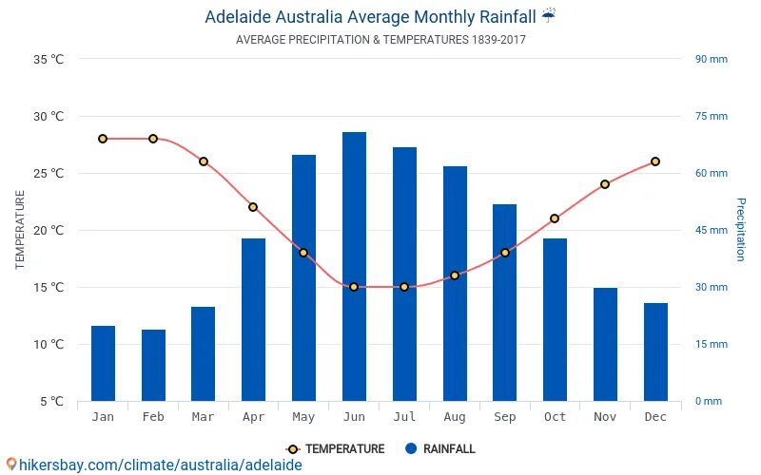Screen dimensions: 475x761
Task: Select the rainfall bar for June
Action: (354, 266)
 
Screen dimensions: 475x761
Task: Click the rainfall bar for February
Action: (153, 365)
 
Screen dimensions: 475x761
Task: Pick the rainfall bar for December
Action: (655, 351)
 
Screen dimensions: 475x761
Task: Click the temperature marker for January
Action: (103, 139)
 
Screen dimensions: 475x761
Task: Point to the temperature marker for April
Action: (253, 207)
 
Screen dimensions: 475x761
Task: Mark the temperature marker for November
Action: (605, 184)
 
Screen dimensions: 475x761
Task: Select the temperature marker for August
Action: (455, 275)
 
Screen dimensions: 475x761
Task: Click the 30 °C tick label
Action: (49, 117)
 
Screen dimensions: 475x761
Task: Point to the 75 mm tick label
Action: (711, 117)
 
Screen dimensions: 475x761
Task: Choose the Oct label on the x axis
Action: (555, 417)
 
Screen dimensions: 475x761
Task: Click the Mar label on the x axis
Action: (203, 417)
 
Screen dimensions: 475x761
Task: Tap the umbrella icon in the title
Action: (549, 15)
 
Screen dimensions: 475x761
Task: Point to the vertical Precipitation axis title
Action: (740, 230)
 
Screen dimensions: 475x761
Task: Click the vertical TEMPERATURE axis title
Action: (20, 230)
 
